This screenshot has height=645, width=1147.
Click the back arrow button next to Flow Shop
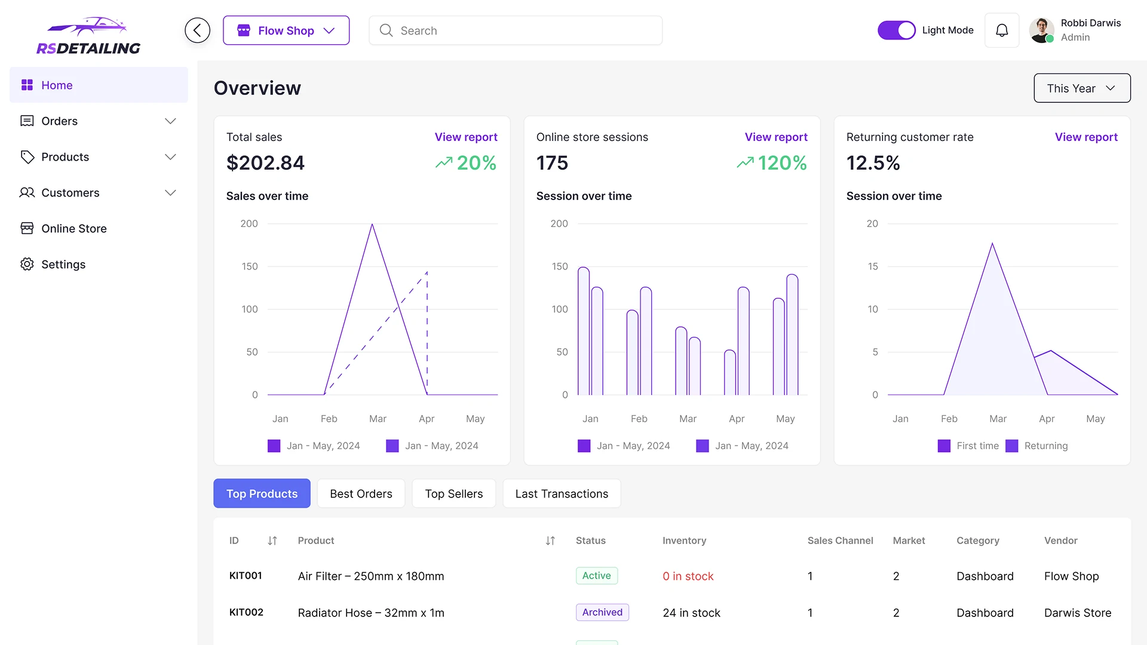(197, 30)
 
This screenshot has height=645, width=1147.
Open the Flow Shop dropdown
(286, 30)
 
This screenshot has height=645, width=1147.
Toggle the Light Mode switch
(896, 30)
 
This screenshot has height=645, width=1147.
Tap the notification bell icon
(1002, 30)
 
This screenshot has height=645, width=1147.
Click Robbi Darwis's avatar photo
(1041, 30)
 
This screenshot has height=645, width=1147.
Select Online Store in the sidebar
(74, 229)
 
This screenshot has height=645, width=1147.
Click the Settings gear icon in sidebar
(27, 265)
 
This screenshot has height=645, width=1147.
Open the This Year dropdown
(1082, 88)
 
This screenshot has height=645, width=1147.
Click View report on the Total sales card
(465, 137)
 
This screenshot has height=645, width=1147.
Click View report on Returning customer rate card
(1085, 137)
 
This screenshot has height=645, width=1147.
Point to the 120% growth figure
(781, 163)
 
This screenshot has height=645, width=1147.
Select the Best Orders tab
(361, 494)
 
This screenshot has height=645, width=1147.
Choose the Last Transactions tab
(562, 494)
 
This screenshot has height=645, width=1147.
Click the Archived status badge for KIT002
(602, 612)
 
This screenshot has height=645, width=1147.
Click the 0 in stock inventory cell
(688, 576)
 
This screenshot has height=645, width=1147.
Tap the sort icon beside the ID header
(272, 540)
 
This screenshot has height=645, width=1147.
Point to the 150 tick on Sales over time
(250, 266)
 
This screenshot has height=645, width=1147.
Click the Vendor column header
(1060, 540)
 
